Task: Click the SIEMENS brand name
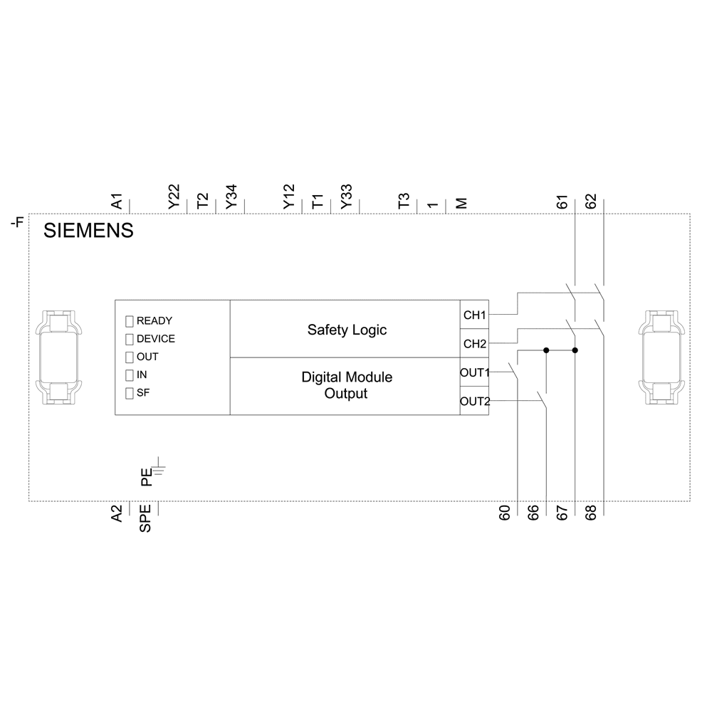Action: click(x=89, y=231)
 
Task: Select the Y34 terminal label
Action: click(x=231, y=197)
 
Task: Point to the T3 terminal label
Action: click(x=404, y=201)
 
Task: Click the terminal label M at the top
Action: click(x=461, y=203)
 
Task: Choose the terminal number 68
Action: click(x=590, y=513)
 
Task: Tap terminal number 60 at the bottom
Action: click(x=504, y=513)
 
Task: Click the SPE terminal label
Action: click(x=145, y=519)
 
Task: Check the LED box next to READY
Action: click(x=130, y=321)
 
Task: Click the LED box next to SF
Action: click(x=130, y=393)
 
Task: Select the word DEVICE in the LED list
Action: click(x=155, y=339)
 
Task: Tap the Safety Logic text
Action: click(x=347, y=330)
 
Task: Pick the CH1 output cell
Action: click(x=474, y=314)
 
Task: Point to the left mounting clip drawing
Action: click(x=59, y=358)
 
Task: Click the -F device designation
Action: click(x=16, y=223)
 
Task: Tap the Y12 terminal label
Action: click(x=288, y=197)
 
